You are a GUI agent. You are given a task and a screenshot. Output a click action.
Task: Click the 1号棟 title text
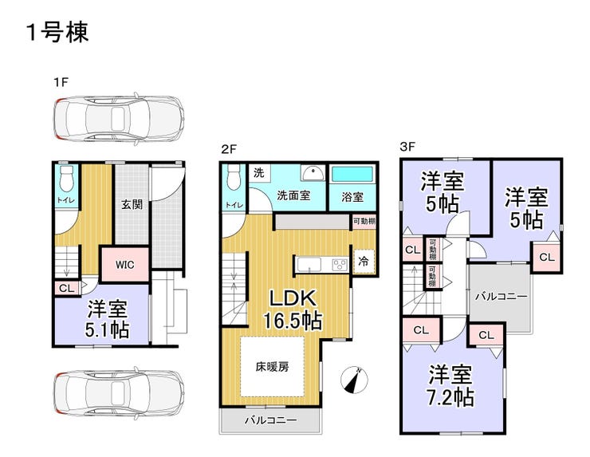click(x=57, y=33)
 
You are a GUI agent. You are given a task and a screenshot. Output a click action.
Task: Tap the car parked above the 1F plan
click(x=119, y=118)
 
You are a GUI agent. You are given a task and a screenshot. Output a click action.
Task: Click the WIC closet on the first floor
click(x=124, y=263)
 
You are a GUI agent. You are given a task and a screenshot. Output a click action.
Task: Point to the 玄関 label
click(x=132, y=204)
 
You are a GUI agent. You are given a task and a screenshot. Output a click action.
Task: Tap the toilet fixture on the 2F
click(x=233, y=178)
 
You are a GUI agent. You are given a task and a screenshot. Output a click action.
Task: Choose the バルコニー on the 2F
click(x=270, y=420)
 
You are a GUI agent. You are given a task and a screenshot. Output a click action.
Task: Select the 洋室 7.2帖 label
click(x=451, y=385)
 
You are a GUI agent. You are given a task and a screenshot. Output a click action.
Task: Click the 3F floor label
click(x=408, y=148)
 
